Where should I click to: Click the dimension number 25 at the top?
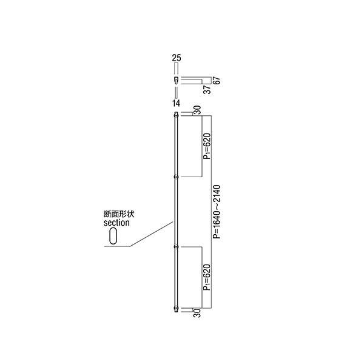177,58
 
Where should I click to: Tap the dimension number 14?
176,103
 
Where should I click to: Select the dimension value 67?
217,80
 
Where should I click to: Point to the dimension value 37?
207,89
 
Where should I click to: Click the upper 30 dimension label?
197,110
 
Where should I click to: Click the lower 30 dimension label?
197,313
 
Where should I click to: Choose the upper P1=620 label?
207,146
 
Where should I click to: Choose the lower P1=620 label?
207,277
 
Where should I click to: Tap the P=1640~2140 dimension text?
217,212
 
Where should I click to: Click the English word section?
116,223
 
